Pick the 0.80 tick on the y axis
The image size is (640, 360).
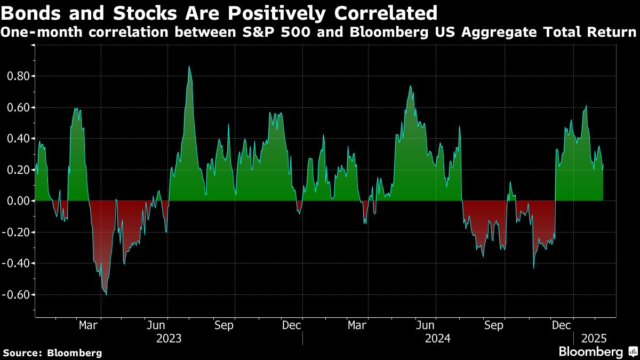(x=18, y=76)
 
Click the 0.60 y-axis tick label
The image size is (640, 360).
(x=18, y=107)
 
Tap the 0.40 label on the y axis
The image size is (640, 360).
(x=18, y=139)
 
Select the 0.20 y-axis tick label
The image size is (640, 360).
(x=18, y=170)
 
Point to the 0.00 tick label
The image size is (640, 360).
(x=18, y=201)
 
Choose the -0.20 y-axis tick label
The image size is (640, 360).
(x=16, y=232)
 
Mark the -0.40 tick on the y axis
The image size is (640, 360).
(x=16, y=263)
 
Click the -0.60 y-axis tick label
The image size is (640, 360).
(x=16, y=294)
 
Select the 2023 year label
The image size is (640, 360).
(x=169, y=338)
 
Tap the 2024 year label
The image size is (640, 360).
(x=438, y=338)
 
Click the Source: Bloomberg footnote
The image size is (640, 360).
(x=52, y=353)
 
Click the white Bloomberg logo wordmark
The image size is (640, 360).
(x=590, y=352)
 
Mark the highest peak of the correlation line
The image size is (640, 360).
(x=189, y=67)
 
